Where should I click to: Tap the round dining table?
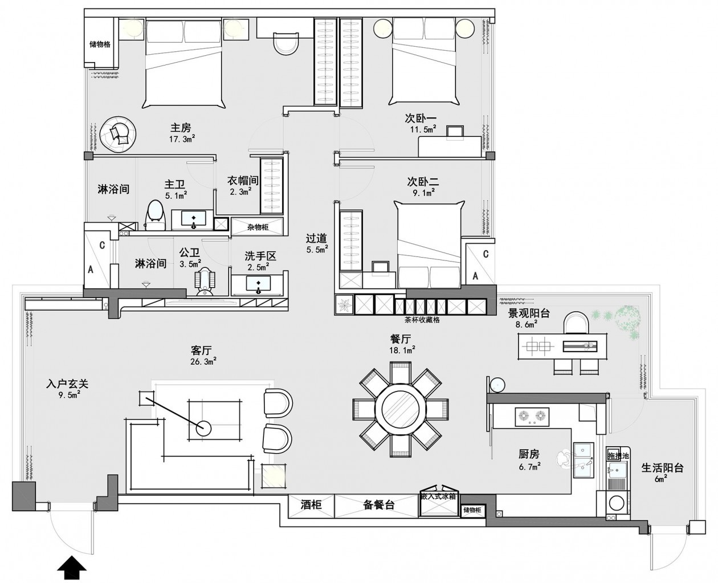(x=400, y=409)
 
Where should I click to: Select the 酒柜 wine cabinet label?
(x=311, y=504)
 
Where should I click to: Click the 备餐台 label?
(x=378, y=505)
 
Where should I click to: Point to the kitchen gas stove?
(x=532, y=417)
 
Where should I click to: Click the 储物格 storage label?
(x=100, y=44)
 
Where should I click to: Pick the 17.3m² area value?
(x=182, y=138)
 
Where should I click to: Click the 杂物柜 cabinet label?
(x=258, y=227)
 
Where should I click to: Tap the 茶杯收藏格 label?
(x=422, y=320)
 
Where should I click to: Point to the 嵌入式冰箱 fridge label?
(x=438, y=496)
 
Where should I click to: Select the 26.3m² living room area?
(x=203, y=361)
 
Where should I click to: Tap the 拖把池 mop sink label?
(x=618, y=456)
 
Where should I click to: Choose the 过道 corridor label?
(x=316, y=239)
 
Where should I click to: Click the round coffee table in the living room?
(x=203, y=429)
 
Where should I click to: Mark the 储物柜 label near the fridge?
(x=472, y=510)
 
